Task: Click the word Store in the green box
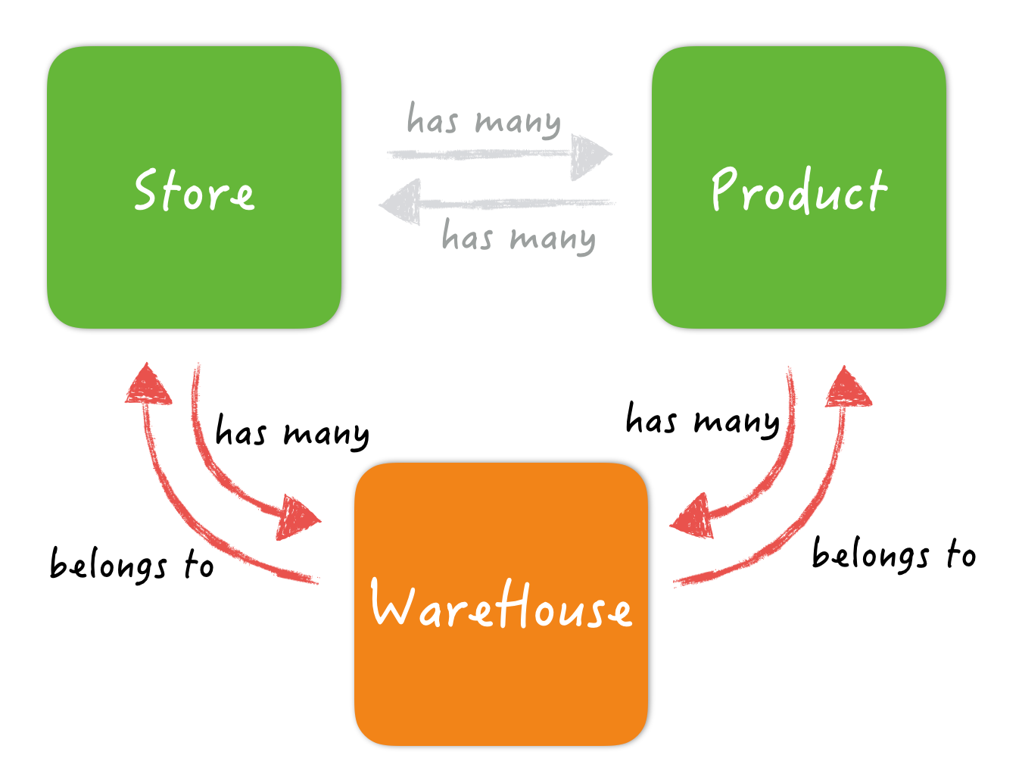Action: coord(194,190)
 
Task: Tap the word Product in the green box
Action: coord(799,190)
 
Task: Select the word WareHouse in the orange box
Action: coord(500,604)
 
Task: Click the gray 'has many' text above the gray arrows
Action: coord(484,120)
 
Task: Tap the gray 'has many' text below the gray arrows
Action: coord(519,237)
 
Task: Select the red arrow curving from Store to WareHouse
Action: coord(220,470)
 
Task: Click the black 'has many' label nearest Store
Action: coord(292,432)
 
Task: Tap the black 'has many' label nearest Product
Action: coord(703,421)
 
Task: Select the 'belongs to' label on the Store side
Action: coord(132,565)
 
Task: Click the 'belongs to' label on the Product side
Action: coord(893,554)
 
